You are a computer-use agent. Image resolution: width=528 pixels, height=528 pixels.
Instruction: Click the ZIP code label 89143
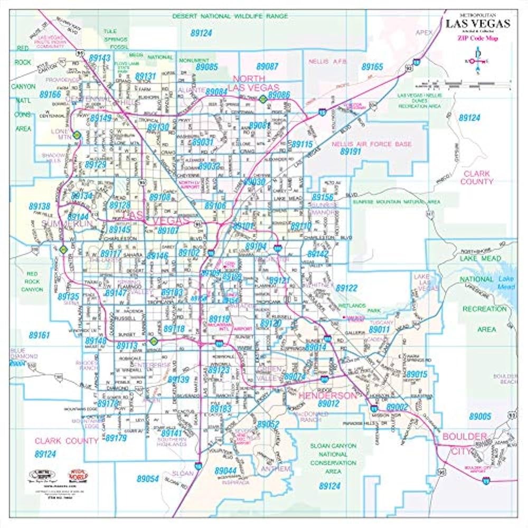[x=100, y=58]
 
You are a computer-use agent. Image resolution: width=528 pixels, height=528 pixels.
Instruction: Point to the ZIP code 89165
[x=372, y=67]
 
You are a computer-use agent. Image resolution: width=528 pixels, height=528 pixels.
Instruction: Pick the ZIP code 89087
[x=267, y=67]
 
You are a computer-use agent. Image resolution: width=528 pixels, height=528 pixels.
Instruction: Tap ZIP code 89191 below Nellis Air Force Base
[x=350, y=151]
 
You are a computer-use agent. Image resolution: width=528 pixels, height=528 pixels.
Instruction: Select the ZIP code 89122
[x=347, y=288]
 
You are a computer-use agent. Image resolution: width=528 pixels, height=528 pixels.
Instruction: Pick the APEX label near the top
[x=423, y=32]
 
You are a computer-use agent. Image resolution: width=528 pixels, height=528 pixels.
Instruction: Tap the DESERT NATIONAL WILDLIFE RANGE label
[x=230, y=16]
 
